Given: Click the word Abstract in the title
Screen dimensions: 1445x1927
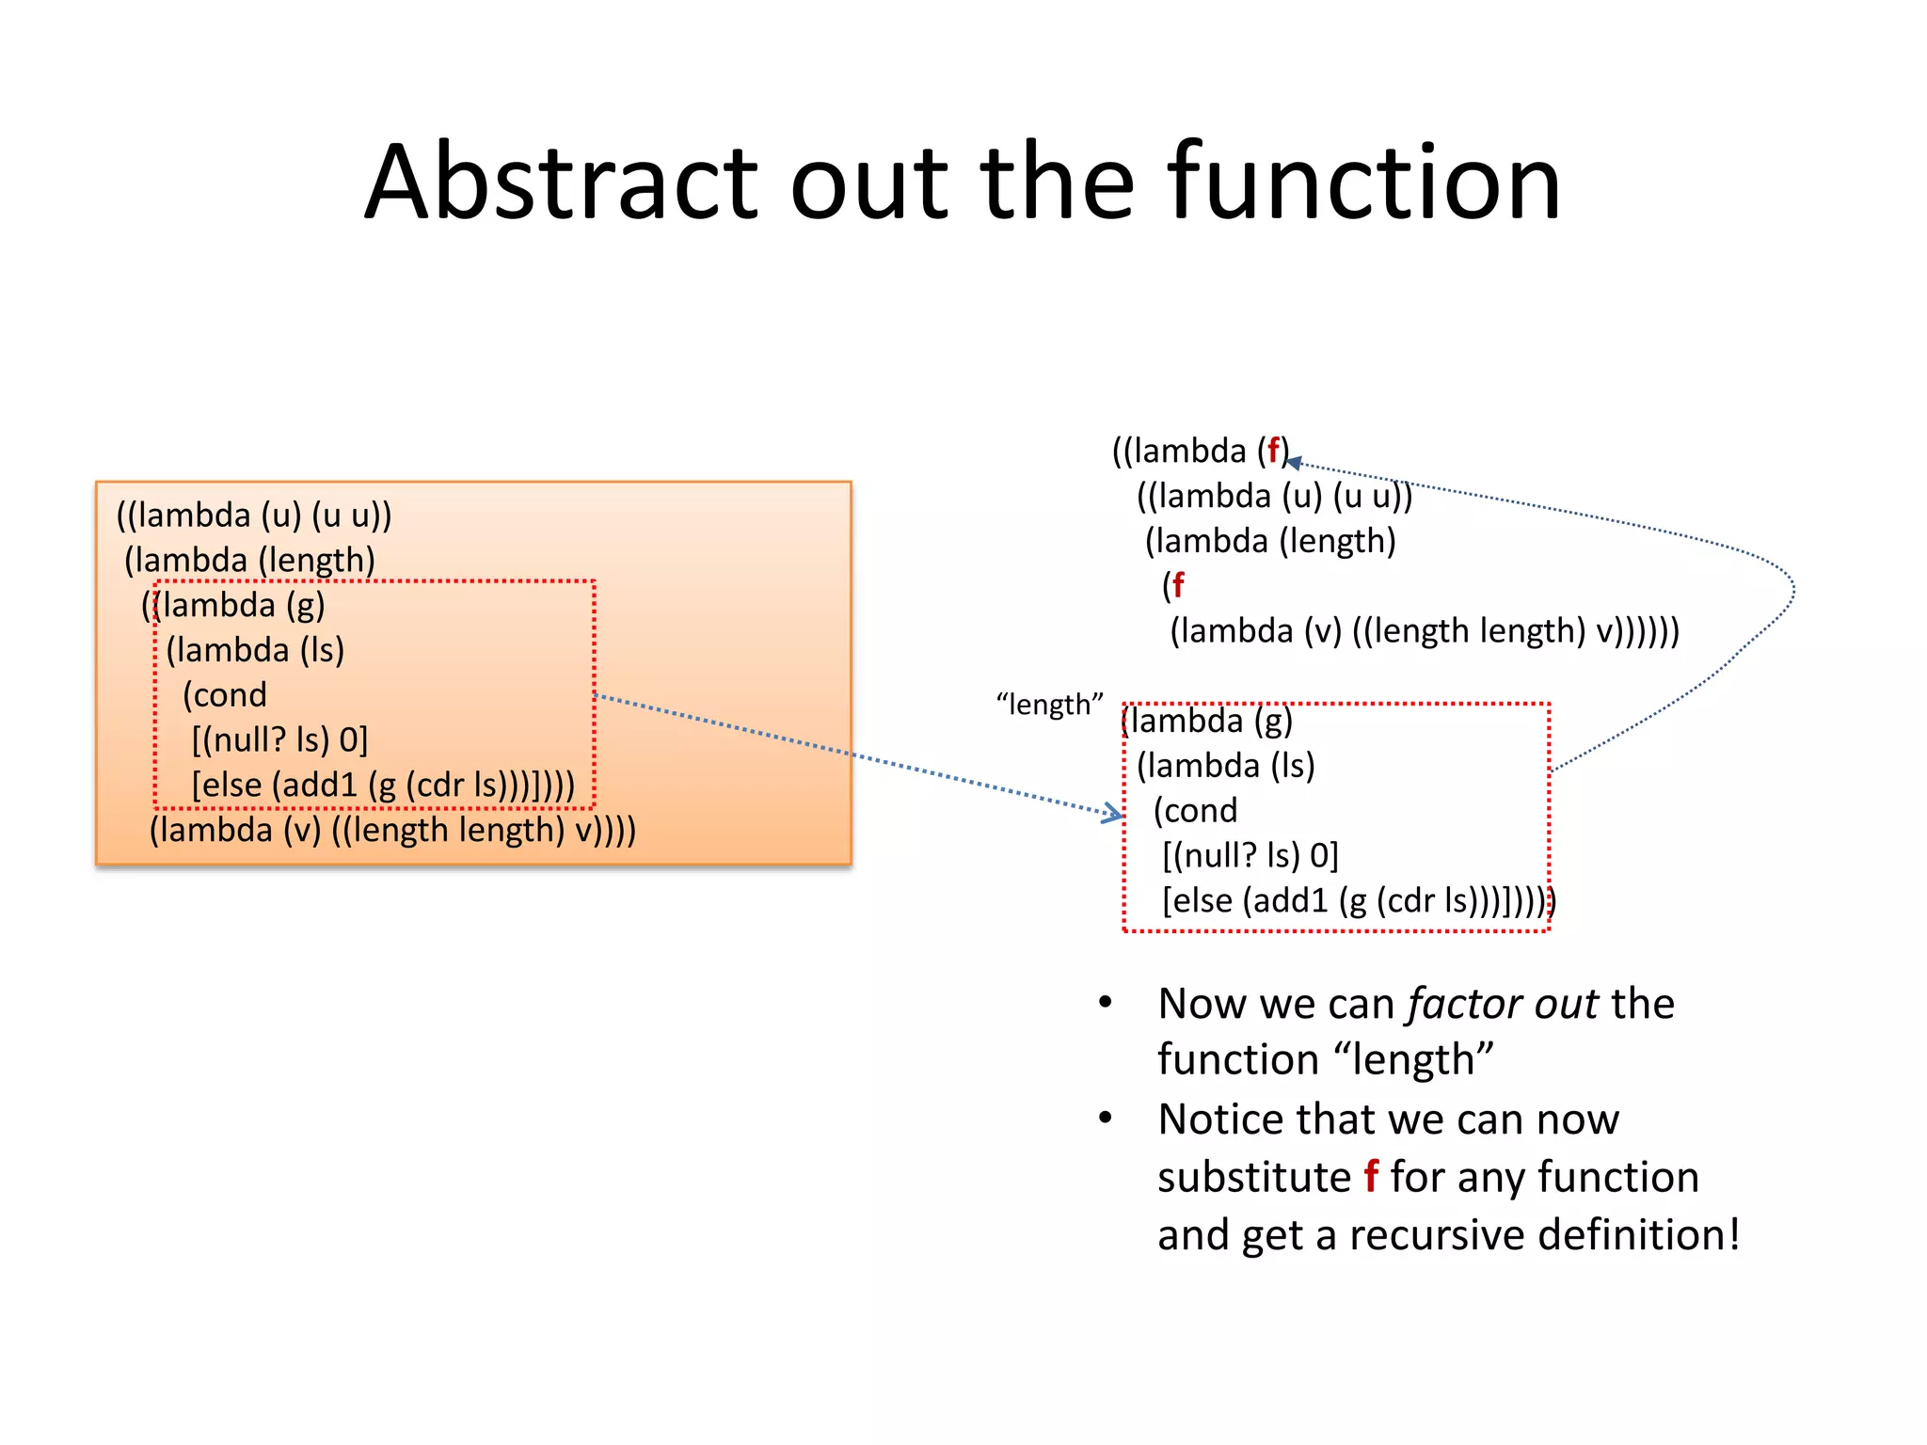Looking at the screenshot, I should click(561, 182).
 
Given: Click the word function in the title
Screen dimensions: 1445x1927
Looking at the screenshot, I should click(1363, 182).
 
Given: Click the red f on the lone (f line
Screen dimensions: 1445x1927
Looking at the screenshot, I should click(1178, 585).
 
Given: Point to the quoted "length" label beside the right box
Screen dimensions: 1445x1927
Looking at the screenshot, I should click(1049, 705).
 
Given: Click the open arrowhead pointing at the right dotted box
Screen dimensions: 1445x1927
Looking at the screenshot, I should click(1116, 814).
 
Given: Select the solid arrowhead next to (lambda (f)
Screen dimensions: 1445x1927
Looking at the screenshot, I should click(1294, 462).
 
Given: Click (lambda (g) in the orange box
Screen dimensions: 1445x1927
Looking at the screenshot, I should click(240, 605).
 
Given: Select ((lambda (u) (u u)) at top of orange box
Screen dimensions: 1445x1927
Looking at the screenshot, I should click(254, 516).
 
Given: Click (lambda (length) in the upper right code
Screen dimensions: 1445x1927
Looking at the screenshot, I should click(1270, 541).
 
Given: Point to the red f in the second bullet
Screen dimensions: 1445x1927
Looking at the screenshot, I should click(1371, 1176).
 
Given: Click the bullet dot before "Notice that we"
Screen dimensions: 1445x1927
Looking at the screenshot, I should click(1106, 1118).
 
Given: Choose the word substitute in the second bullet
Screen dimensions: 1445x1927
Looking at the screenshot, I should click(1253, 1177).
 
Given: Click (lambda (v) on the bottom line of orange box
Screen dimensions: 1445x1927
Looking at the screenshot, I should click(235, 830).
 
